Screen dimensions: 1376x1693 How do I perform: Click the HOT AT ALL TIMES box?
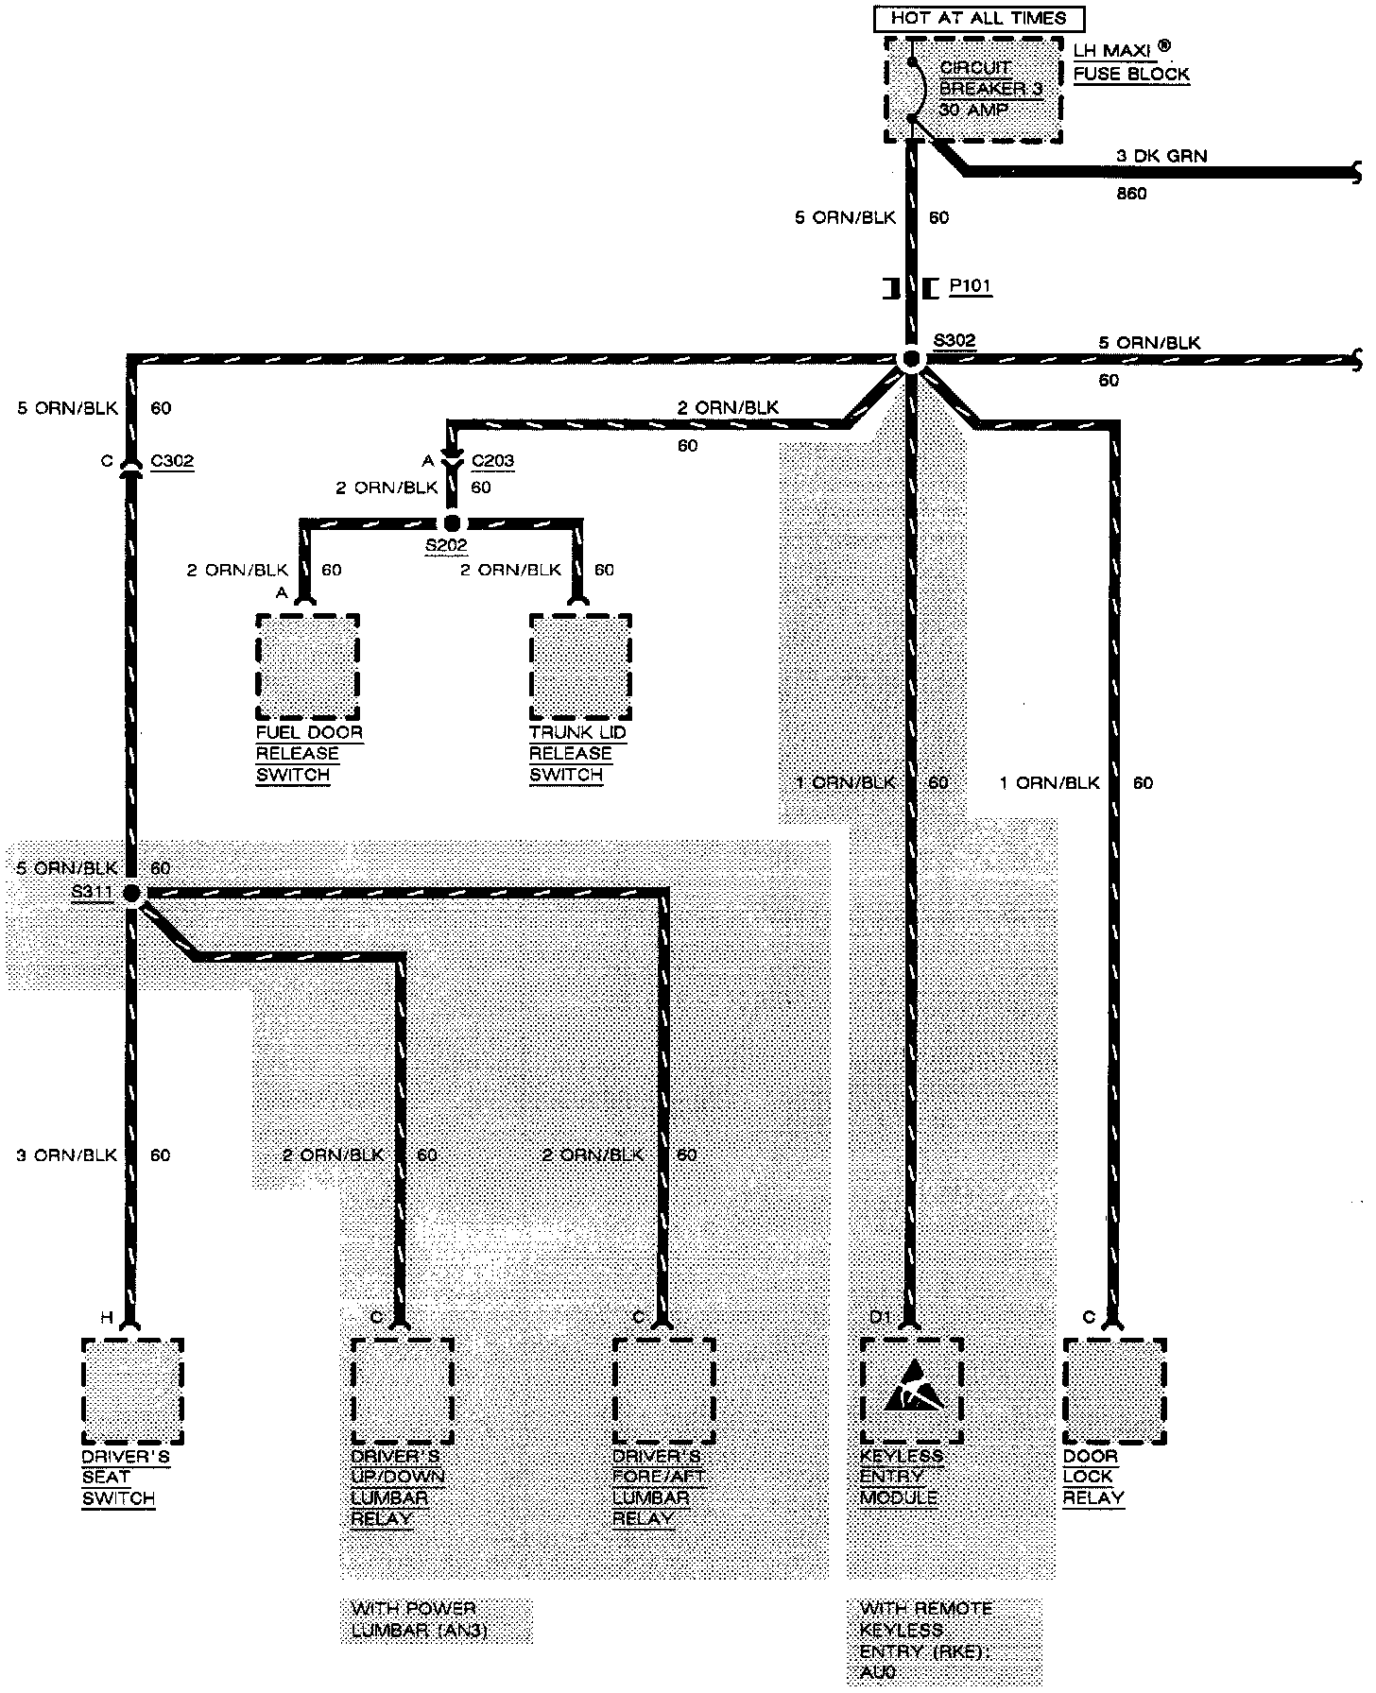pyautogui.click(x=978, y=18)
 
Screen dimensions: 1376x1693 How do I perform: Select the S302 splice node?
pyautogui.click(x=911, y=360)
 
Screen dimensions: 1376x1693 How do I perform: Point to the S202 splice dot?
pyautogui.click(x=452, y=523)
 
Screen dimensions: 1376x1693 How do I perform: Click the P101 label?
pyautogui.click(x=970, y=286)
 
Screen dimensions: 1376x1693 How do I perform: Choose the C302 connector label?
pyautogui.click(x=172, y=461)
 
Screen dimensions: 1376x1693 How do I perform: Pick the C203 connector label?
pyautogui.click(x=492, y=461)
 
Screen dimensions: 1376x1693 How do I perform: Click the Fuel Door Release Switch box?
pyautogui.click(x=308, y=666)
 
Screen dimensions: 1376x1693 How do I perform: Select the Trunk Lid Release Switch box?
pyautogui.click(x=580, y=666)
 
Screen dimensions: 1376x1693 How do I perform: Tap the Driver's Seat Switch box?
pyautogui.click(x=132, y=1391)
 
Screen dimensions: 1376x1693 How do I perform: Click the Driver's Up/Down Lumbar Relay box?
pyautogui.click(x=403, y=1391)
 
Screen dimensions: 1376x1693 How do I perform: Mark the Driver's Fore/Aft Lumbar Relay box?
pyautogui.click(x=663, y=1391)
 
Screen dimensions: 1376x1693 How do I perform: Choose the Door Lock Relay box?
pyautogui.click(x=1114, y=1391)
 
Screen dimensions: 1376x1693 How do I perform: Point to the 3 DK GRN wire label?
pyautogui.click(x=1161, y=156)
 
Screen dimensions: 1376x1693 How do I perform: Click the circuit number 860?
pyautogui.click(x=1130, y=194)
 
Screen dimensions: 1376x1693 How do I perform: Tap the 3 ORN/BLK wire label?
pyautogui.click(x=66, y=1155)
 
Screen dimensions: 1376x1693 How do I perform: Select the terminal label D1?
pyautogui.click(x=880, y=1317)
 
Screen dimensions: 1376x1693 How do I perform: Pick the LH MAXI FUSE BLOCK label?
pyautogui.click(x=1130, y=62)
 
